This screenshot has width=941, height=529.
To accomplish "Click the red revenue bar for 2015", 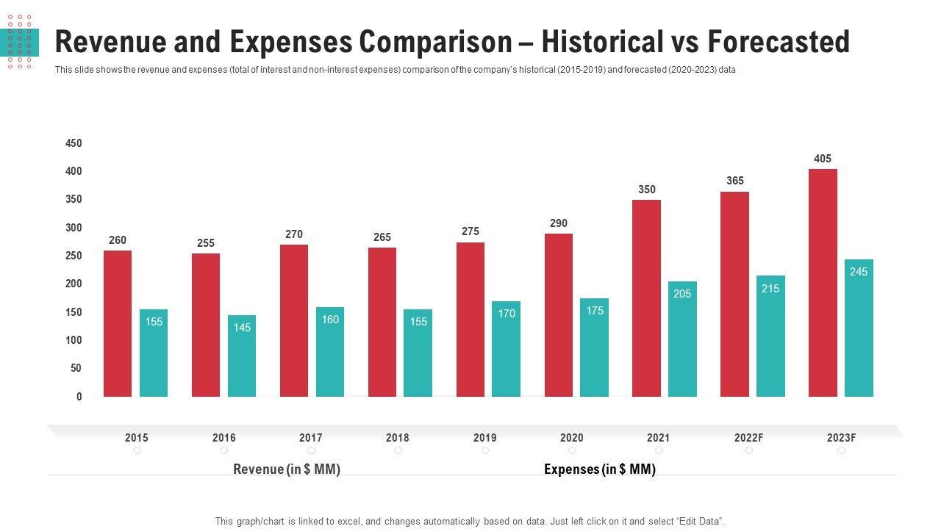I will (118, 323).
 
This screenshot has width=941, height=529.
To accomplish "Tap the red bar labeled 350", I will (646, 298).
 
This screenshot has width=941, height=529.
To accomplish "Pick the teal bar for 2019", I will (506, 349).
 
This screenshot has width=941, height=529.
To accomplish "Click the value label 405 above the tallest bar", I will (823, 159).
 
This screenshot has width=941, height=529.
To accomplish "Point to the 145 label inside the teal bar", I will (242, 328).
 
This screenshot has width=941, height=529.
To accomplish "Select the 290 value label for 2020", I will (559, 223).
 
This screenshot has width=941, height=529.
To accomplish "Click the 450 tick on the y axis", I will (74, 143).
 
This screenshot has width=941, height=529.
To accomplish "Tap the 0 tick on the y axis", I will (79, 397).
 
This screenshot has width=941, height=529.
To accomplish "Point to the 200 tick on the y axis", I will (74, 284).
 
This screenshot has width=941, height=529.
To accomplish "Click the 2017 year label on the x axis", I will (311, 438).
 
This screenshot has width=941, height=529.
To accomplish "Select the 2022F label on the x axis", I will (748, 438).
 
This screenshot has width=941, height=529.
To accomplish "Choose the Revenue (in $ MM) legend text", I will (287, 469).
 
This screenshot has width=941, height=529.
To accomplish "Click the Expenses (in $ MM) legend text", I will (600, 469).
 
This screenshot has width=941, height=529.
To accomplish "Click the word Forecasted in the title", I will (779, 43).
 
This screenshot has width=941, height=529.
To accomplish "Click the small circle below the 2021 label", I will (659, 450).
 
